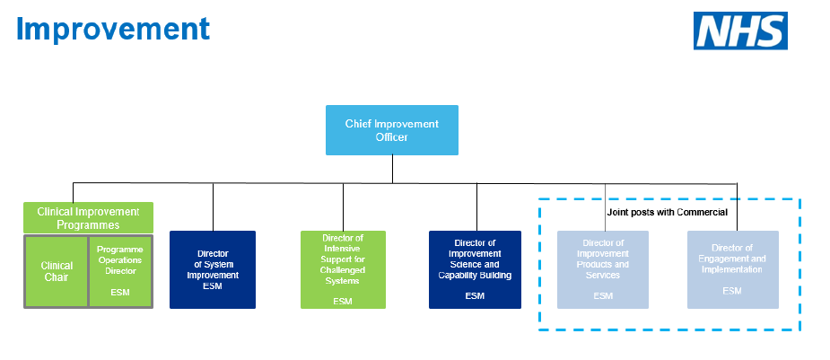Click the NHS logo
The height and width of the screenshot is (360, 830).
740,31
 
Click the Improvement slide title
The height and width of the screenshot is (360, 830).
113,28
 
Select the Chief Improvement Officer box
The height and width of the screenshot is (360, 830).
391,130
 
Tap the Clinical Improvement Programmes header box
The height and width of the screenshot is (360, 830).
88,218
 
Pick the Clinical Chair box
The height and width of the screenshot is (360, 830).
56,271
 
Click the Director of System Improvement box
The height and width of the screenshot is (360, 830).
213,269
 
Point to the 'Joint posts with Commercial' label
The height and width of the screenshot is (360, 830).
668,212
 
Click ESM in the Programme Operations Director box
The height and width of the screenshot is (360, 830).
119,293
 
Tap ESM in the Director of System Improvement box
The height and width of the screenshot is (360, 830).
213,286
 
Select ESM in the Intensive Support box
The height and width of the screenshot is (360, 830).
343,302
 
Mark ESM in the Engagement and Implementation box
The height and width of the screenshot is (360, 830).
732,291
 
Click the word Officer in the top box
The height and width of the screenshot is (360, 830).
391,137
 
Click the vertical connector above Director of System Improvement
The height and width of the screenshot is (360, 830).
213,206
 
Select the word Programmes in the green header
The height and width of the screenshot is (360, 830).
88,224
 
